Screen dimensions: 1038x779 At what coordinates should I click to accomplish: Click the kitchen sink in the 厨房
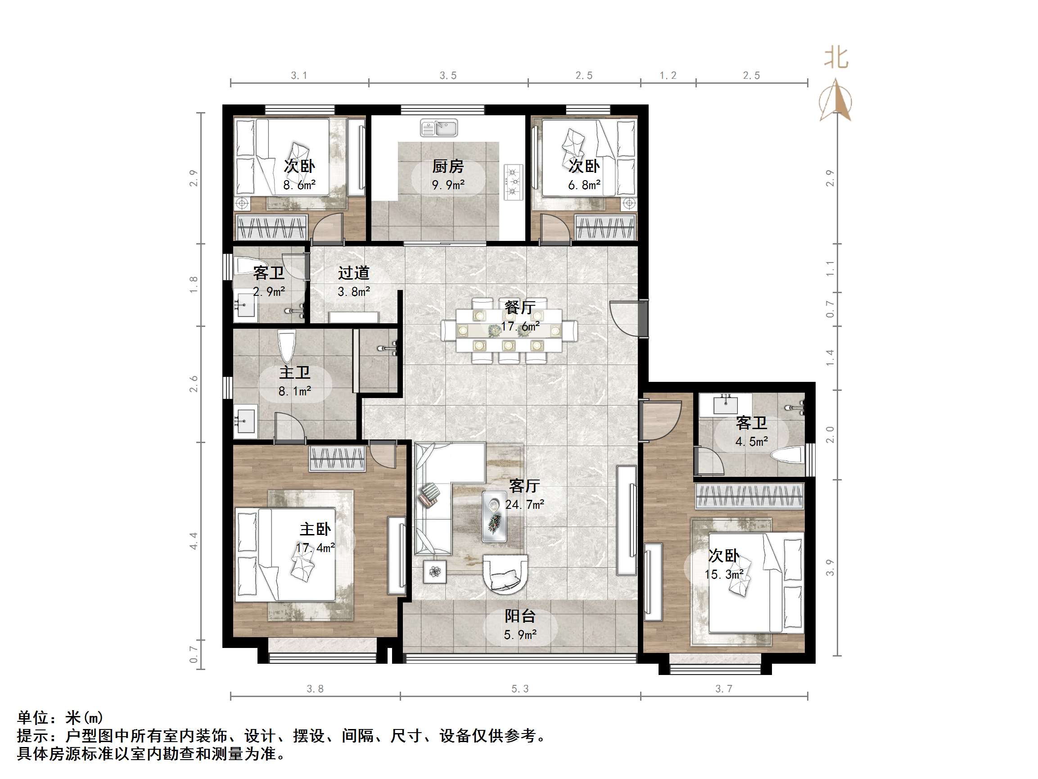[439, 128]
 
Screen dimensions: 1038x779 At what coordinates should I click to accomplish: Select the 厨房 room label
[448, 166]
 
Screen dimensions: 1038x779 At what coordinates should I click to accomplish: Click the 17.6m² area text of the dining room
[520, 326]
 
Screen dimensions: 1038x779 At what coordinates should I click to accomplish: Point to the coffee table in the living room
[495, 516]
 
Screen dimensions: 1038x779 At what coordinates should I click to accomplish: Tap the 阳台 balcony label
[520, 616]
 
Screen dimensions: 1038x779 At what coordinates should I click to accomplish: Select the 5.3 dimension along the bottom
[519, 689]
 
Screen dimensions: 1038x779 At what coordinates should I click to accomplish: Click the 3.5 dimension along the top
[448, 76]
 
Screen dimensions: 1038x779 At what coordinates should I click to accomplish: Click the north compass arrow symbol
[835, 100]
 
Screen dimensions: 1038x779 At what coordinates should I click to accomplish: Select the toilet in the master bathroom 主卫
[286, 347]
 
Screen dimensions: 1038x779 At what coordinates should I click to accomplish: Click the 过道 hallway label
[354, 273]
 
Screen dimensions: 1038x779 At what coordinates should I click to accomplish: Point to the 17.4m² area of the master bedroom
[316, 548]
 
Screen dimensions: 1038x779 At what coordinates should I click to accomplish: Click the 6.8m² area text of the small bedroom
[584, 185]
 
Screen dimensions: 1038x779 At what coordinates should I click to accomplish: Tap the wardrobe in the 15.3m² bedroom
[749, 496]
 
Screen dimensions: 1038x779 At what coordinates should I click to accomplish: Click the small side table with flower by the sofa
[435, 571]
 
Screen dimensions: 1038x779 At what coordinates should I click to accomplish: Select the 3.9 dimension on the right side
[830, 568]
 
